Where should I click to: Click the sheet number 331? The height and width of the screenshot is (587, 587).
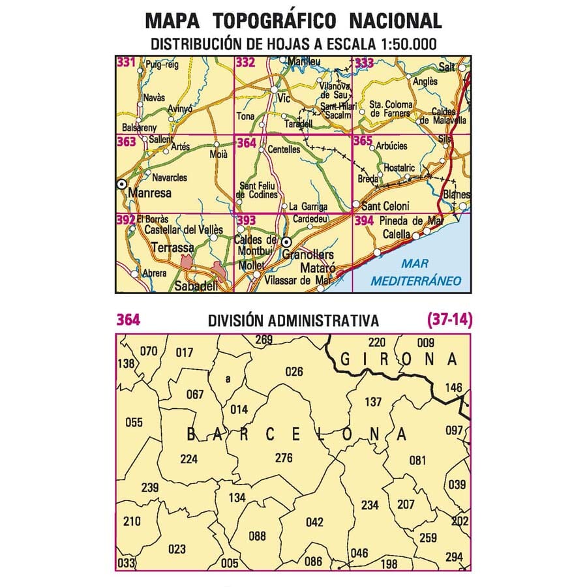(126, 63)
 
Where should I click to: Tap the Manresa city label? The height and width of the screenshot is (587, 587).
(150, 193)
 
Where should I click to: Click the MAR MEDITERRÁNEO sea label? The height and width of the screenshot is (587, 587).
(415, 273)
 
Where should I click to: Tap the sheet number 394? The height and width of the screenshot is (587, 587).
(365, 221)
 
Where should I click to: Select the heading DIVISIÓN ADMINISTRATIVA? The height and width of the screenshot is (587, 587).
(293, 321)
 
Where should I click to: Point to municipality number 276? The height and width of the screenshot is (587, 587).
(284, 458)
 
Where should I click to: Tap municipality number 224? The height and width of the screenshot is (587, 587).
(188, 459)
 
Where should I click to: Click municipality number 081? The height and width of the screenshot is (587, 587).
(417, 460)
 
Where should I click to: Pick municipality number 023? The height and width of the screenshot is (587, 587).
(177, 549)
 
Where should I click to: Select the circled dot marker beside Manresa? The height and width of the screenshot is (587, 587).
(121, 185)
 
